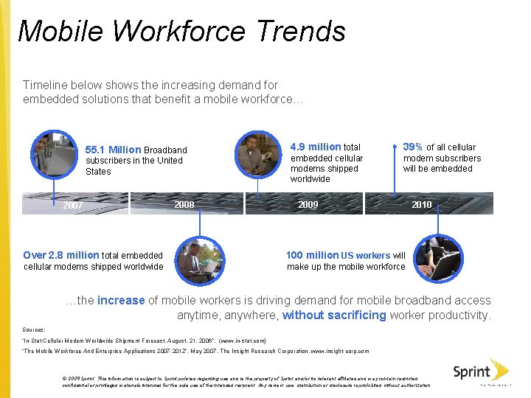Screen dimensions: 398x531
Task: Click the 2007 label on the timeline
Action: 73,206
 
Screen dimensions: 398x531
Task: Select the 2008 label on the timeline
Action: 184,204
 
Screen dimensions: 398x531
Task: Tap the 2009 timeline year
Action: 308,204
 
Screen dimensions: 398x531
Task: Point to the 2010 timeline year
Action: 422,204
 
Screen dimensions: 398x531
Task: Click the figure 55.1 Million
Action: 114,150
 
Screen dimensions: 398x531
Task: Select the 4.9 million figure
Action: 316,147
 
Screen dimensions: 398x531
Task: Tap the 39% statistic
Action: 413,147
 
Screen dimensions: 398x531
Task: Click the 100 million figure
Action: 312,255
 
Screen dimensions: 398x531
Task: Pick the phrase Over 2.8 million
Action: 61,255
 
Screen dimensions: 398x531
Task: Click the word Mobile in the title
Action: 62,31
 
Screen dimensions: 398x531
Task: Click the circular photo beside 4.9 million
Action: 258,153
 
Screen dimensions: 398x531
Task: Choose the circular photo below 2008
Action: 199,262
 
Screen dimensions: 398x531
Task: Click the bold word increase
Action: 121,300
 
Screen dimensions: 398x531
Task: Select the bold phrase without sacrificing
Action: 334,315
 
